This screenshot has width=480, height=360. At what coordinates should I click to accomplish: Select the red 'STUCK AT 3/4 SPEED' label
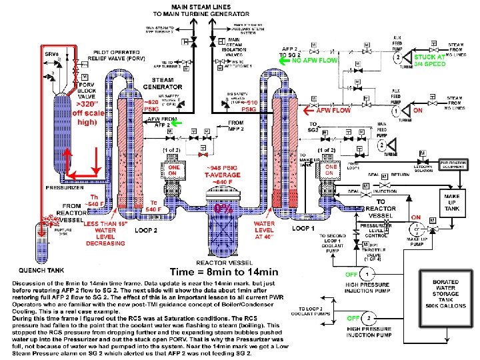429,61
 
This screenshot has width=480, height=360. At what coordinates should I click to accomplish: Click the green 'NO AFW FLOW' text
316,60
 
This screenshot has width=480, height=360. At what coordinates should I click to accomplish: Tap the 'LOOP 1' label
304,227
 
